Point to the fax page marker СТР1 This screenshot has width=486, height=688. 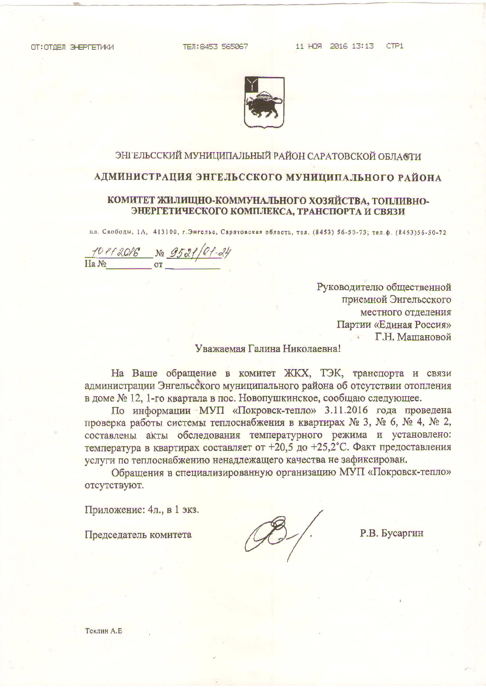coord(395,46)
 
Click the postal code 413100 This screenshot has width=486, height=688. coord(165,232)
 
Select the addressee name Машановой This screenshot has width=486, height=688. coord(424,337)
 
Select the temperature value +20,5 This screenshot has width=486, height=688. coord(281,447)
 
